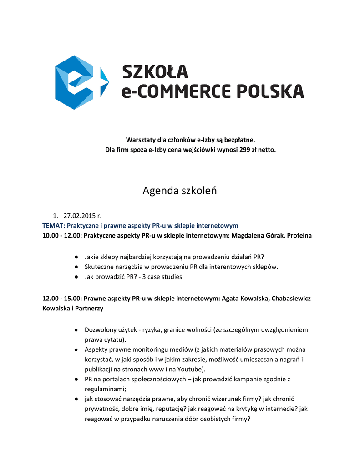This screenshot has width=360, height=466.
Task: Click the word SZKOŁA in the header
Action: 155,71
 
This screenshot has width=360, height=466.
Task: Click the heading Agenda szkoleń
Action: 180,191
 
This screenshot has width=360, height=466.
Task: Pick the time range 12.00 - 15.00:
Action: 62,299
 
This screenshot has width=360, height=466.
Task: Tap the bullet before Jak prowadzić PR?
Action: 77,276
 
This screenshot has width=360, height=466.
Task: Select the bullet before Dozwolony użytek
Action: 77,329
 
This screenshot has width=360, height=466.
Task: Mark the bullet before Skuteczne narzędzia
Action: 77,267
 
